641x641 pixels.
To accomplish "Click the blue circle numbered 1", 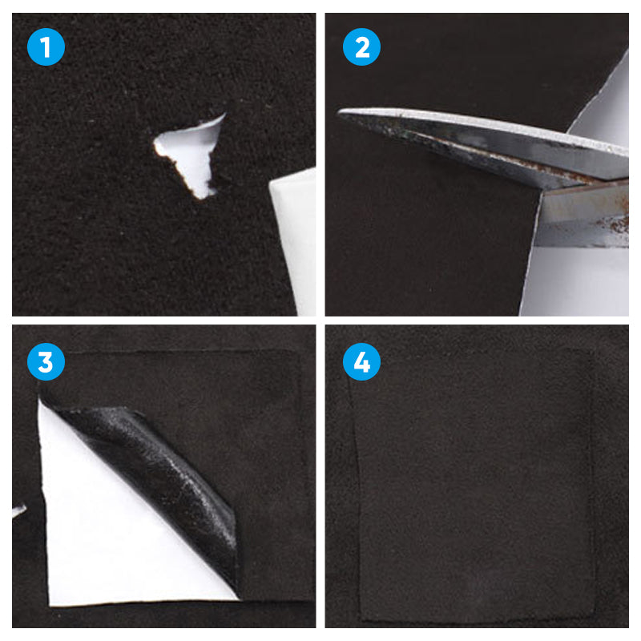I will [x=45, y=47].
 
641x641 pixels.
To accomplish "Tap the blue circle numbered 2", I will [x=361, y=47].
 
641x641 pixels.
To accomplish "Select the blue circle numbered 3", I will [x=45, y=362].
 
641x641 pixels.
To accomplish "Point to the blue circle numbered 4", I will [x=361, y=362].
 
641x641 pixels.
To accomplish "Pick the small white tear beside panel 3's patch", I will [x=18, y=510].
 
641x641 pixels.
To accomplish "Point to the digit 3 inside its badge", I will [x=45, y=362].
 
